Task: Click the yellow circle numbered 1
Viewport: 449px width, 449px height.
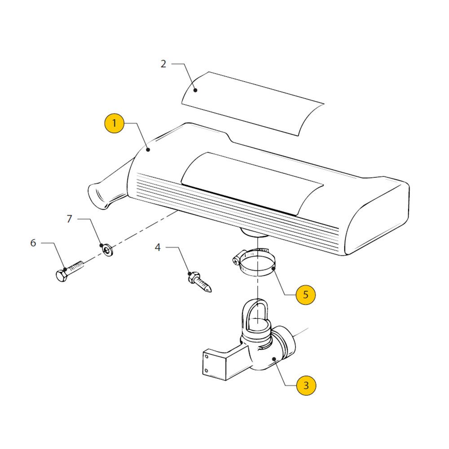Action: click(x=114, y=123)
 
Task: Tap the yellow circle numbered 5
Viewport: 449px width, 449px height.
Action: click(x=305, y=295)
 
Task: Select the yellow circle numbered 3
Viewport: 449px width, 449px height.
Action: click(x=306, y=385)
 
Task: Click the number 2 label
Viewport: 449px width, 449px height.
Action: click(x=163, y=64)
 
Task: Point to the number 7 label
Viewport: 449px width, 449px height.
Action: click(x=69, y=219)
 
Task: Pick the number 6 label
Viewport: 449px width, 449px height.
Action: click(x=33, y=243)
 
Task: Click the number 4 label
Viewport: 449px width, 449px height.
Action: click(x=158, y=247)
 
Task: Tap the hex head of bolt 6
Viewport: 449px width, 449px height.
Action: click(x=62, y=276)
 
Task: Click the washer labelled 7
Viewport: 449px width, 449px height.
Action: click(x=108, y=250)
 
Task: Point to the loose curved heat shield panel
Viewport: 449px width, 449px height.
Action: click(x=253, y=104)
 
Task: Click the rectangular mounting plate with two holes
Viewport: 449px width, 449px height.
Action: click(x=215, y=365)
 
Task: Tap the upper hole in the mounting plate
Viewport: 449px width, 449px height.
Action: click(x=206, y=357)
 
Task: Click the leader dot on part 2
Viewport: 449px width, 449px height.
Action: click(x=195, y=90)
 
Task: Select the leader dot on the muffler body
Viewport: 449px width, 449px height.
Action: click(x=148, y=150)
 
